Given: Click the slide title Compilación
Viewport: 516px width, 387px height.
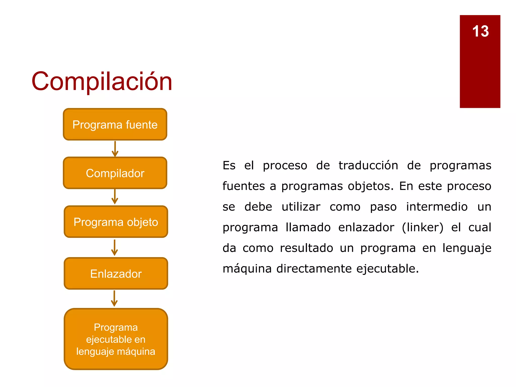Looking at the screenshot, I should pyautogui.click(x=102, y=81).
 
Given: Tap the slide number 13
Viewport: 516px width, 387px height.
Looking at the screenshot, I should pyautogui.click(x=480, y=31).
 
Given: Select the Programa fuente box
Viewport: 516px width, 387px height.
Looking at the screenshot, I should pyautogui.click(x=115, y=124).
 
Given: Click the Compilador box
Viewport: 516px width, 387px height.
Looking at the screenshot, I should pyautogui.click(x=115, y=173).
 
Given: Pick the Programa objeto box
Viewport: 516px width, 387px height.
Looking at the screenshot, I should pyautogui.click(x=116, y=222).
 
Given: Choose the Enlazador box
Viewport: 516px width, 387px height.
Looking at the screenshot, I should pyautogui.click(x=116, y=274).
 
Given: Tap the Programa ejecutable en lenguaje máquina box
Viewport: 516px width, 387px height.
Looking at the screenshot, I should pyautogui.click(x=116, y=339).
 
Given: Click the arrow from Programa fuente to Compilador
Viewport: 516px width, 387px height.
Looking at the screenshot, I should pyautogui.click(x=115, y=149).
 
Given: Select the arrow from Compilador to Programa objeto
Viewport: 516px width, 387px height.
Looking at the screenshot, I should pyautogui.click(x=115, y=197).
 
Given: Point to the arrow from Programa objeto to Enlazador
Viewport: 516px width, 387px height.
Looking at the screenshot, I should pyautogui.click(x=115, y=248).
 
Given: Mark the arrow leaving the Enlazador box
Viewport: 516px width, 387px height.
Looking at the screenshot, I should pyautogui.click(x=114, y=299).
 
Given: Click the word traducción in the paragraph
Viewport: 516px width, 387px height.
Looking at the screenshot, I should pyautogui.click(x=368, y=166).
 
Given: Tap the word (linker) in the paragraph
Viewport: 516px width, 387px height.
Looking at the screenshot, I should pyautogui.click(x=423, y=228).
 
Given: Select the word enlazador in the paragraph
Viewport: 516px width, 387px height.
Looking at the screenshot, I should pyautogui.click(x=366, y=228).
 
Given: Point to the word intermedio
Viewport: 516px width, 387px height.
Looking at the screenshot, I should pyautogui.click(x=437, y=207).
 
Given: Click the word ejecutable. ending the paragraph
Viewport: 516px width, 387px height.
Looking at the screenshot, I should pyautogui.click(x=387, y=269).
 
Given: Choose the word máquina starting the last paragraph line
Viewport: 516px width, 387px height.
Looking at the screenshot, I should pyautogui.click(x=247, y=269).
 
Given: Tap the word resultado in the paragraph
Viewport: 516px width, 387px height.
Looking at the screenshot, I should pyautogui.click(x=306, y=248).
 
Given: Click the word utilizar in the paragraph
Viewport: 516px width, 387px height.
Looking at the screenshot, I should pyautogui.click(x=301, y=207).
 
